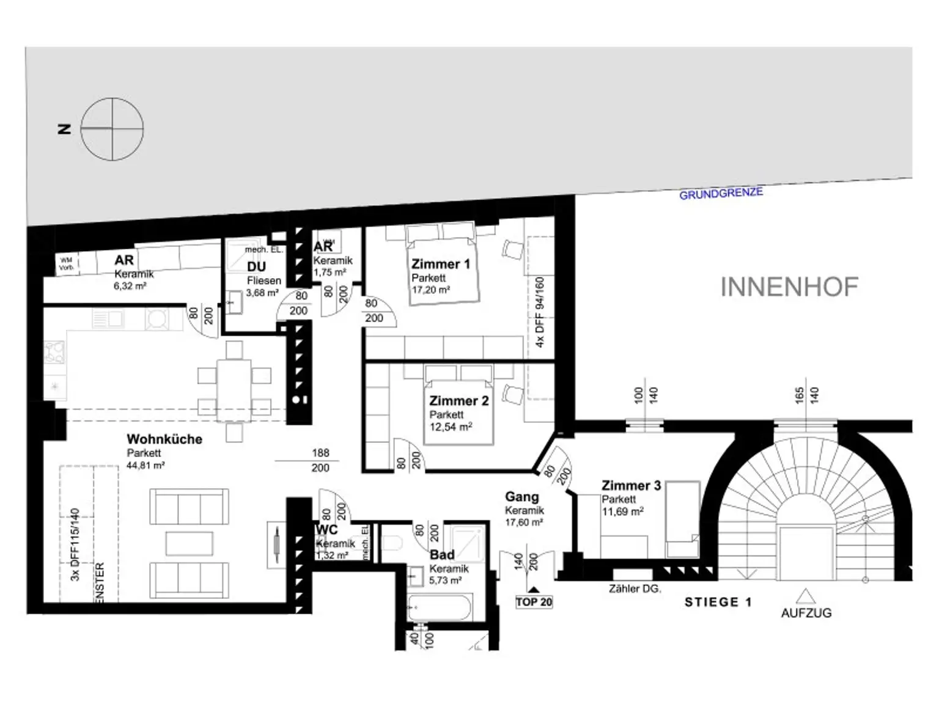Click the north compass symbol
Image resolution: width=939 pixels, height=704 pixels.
tap(112, 130)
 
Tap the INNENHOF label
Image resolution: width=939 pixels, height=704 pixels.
tap(789, 287)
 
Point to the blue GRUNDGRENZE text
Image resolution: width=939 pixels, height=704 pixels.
tap(721, 194)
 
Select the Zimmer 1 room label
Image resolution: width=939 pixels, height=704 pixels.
tap(440, 264)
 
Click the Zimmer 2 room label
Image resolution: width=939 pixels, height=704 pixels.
tap(458, 401)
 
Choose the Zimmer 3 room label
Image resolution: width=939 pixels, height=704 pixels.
tap(631, 486)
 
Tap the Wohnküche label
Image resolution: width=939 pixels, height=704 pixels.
tap(164, 439)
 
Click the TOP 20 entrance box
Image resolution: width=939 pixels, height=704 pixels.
tap(534, 602)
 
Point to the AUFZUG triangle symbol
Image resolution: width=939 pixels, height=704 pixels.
tap(806, 595)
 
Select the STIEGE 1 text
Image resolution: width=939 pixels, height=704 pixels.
tap(718, 603)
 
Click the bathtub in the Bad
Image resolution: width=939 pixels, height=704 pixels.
tap(439, 608)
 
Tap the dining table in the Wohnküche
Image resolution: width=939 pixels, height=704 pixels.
tap(234, 390)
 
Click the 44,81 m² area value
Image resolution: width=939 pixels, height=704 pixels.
tap(145, 465)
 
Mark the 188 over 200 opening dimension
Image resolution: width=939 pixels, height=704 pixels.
tap(320, 460)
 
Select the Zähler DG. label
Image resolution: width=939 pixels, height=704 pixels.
tap(635, 589)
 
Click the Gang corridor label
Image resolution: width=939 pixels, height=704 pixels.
tap(521, 497)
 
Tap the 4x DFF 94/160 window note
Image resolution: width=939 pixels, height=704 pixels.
tap(539, 312)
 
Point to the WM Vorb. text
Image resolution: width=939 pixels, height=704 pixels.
tap(66, 264)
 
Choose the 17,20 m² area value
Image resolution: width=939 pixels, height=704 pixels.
tap(430, 290)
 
